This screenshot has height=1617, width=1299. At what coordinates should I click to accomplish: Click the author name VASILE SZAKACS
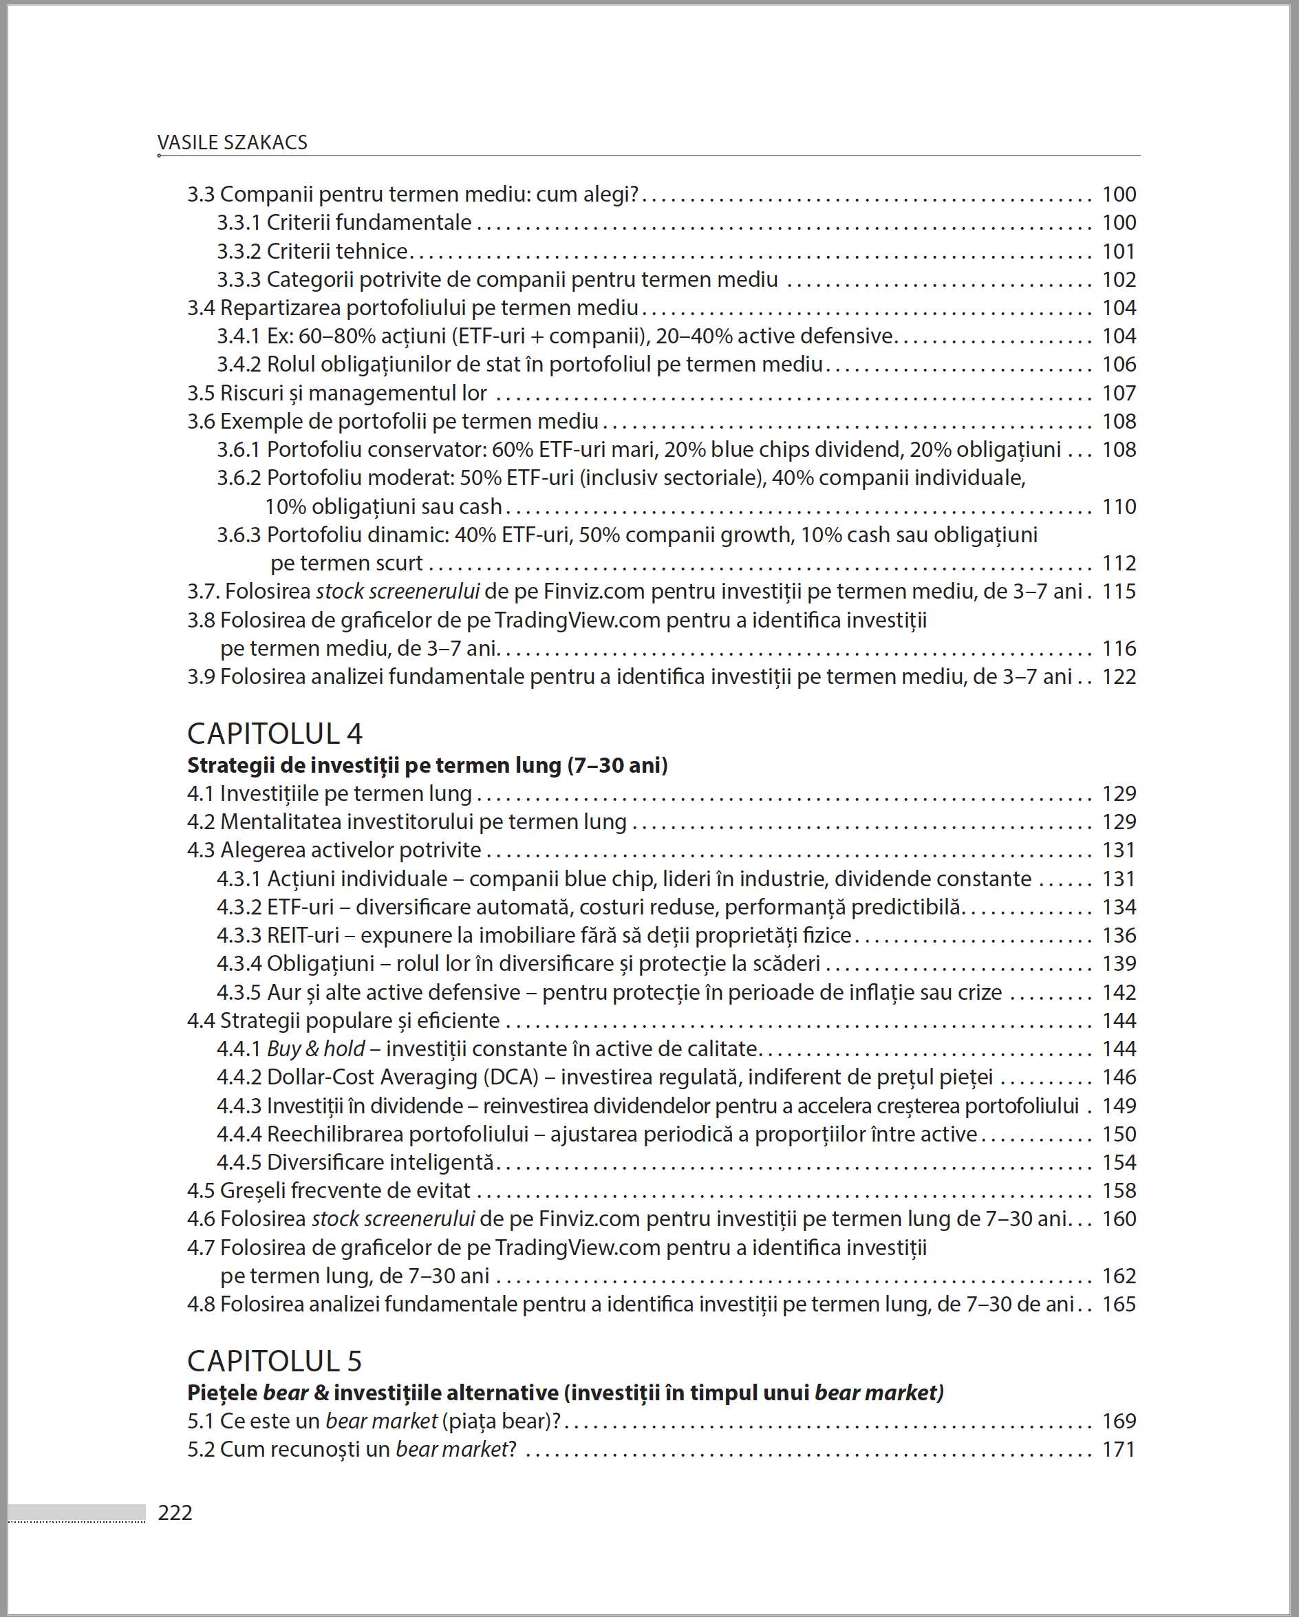click(x=232, y=142)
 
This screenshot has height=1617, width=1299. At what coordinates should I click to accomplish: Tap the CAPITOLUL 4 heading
click(x=275, y=733)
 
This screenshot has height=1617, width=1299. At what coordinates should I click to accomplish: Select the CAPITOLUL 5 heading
click(x=275, y=1361)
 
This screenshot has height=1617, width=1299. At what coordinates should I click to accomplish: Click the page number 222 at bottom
click(x=175, y=1512)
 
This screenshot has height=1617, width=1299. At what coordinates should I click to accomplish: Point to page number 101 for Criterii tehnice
click(x=1118, y=251)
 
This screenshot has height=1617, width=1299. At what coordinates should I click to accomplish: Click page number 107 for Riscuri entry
click(x=1118, y=393)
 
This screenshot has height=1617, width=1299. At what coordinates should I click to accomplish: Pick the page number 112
click(x=1118, y=564)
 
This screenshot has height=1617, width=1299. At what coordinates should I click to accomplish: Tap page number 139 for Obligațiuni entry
click(x=1118, y=964)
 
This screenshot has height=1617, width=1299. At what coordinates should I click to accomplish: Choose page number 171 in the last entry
click(x=1118, y=1450)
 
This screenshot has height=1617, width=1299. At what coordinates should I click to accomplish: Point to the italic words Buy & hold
click(x=316, y=1049)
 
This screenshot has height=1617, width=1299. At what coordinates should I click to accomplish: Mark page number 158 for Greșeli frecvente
click(x=1118, y=1191)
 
